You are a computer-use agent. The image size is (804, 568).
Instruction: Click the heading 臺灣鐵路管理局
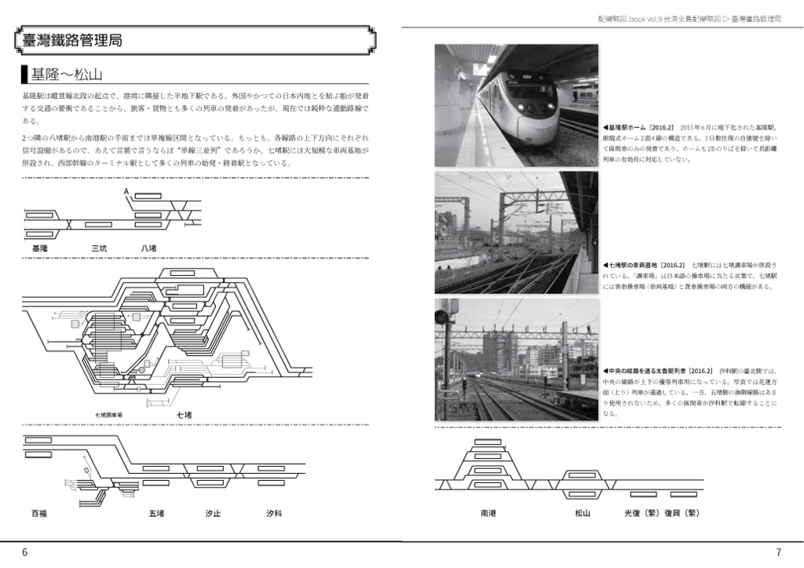point(73,42)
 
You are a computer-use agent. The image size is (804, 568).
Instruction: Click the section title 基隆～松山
point(66,75)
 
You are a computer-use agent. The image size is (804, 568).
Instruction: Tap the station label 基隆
point(39,248)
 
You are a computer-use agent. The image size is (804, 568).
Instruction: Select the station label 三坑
point(99,248)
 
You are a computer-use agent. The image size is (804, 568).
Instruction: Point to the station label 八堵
point(149,248)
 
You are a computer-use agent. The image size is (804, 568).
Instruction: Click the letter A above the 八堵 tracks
point(126,192)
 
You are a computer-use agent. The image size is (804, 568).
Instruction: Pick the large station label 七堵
point(184,414)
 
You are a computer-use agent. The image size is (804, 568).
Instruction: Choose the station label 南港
point(488,513)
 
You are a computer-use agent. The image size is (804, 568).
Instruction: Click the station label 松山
point(582,513)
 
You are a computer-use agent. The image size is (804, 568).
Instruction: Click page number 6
point(24,552)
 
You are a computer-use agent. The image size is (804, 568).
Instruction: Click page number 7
point(777,552)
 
